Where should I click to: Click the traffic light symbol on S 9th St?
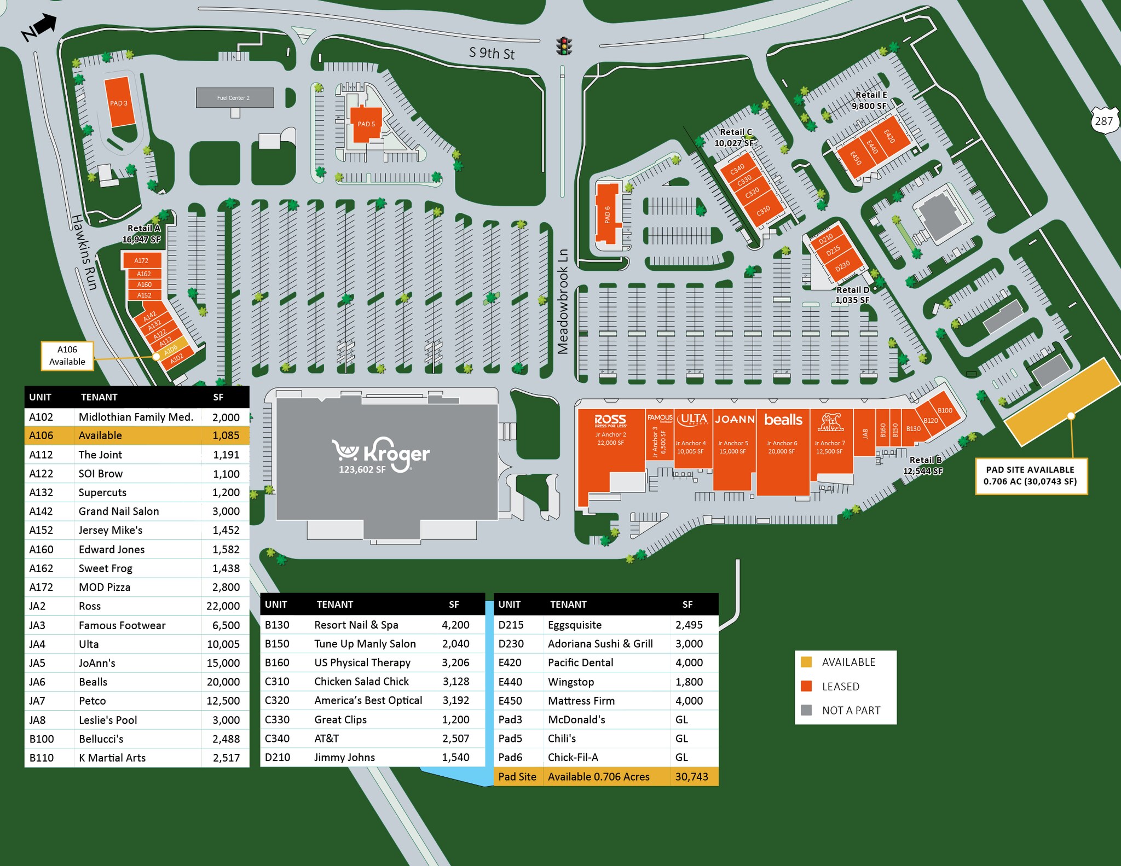point(564,46)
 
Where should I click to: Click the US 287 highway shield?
point(1103,120)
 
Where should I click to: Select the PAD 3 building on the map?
point(119,102)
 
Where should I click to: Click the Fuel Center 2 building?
point(235,98)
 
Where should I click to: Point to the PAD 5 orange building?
point(366,124)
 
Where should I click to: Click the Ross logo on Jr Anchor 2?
point(610,420)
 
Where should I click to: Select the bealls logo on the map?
point(783,420)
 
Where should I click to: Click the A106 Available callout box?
point(67,356)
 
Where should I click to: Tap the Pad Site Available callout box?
point(1031,476)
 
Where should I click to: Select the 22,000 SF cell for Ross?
point(223,606)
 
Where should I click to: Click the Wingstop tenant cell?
point(571,682)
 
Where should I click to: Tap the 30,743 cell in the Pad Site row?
point(692,777)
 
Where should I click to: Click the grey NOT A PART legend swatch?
point(806,710)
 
